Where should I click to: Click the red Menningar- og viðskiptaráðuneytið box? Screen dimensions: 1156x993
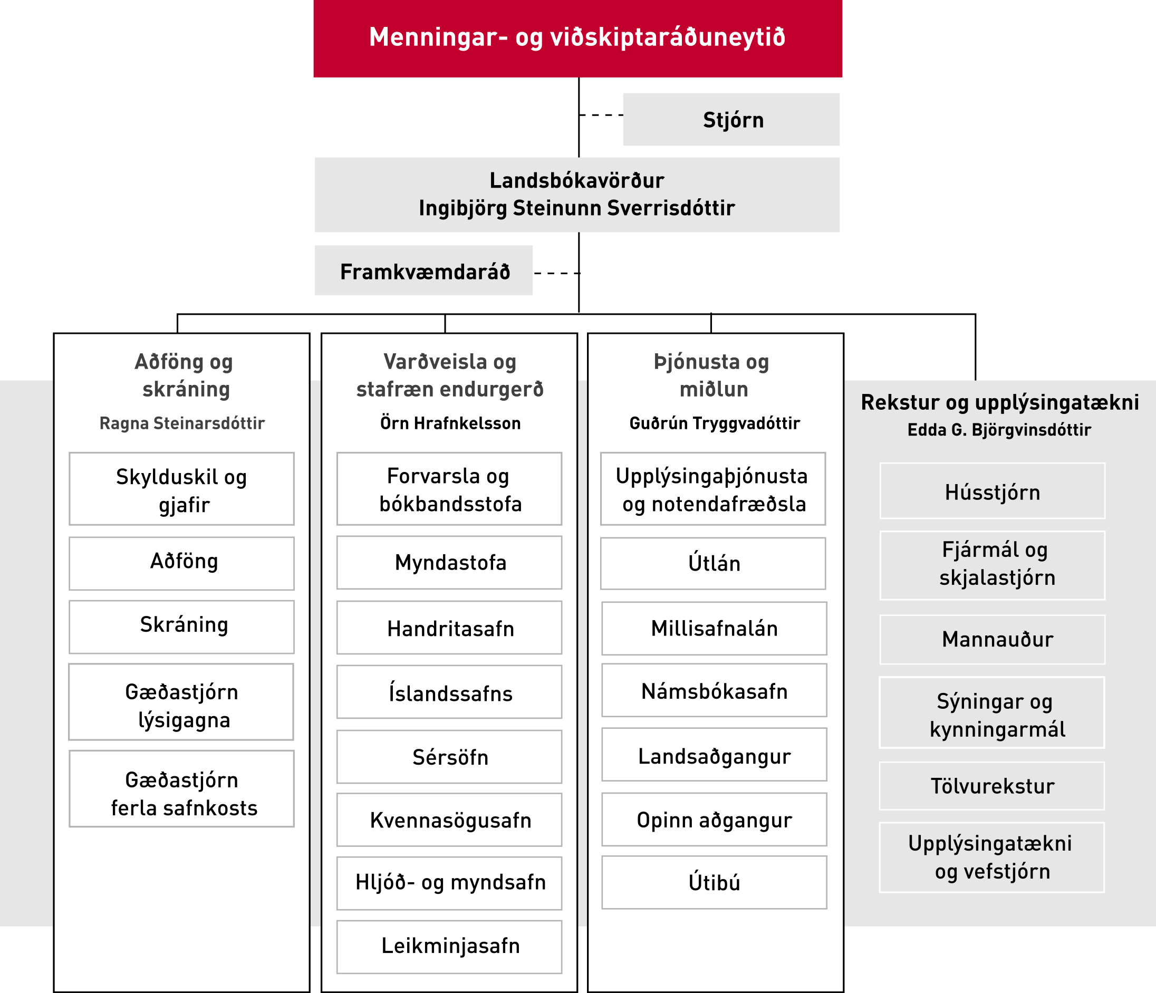[x=577, y=38]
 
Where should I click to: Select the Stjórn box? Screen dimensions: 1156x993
[x=731, y=119]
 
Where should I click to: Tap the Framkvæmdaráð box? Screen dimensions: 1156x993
[x=423, y=271]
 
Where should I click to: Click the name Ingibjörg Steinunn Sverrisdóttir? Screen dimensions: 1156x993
[x=577, y=208]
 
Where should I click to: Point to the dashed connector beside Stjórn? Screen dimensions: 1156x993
[x=601, y=115]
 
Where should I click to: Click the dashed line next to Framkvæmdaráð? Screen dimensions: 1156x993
[x=556, y=273]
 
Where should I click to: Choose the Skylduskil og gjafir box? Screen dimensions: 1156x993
[x=181, y=489]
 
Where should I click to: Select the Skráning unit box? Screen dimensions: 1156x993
[x=181, y=627]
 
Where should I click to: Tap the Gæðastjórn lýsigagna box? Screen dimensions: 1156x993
[x=181, y=702]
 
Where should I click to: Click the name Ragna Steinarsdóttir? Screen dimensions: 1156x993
[x=182, y=423]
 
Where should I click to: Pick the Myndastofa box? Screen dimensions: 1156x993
[x=449, y=563]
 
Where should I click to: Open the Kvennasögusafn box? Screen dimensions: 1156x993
[x=449, y=820]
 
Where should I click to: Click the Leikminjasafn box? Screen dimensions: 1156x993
[x=449, y=947]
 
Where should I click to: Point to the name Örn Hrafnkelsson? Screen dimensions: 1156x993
[x=450, y=423]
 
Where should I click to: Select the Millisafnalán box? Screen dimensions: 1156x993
[x=714, y=629]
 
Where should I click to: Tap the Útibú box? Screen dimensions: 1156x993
[x=714, y=883]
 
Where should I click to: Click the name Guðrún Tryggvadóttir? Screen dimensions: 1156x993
[x=715, y=423]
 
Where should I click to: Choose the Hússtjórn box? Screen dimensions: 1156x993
[x=993, y=491]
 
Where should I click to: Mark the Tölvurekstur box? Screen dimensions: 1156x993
[x=992, y=786]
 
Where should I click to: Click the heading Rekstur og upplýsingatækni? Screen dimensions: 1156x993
[x=1000, y=402]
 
